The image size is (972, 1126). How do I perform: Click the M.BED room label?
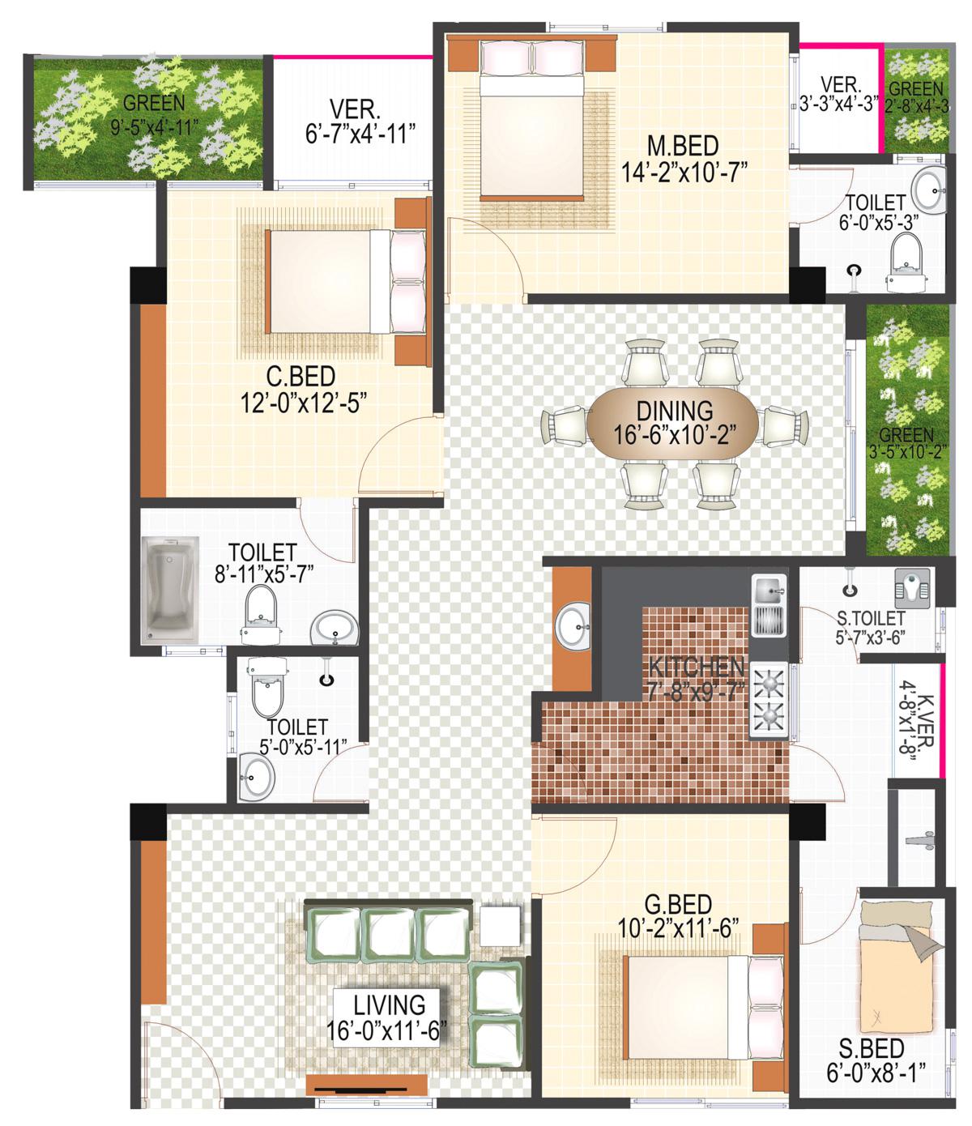point(683,146)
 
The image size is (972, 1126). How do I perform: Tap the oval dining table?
point(672,423)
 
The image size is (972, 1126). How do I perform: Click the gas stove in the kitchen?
point(769,701)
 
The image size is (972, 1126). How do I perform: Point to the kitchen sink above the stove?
point(769,605)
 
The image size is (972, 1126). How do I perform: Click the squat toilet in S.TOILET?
point(912,589)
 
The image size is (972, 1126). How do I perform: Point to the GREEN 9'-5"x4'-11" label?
point(154,113)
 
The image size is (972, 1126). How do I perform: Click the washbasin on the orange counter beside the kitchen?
point(572,626)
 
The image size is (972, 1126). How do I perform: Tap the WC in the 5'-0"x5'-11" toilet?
point(267,686)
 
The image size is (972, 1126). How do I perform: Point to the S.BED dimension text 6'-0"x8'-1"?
point(876,1073)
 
